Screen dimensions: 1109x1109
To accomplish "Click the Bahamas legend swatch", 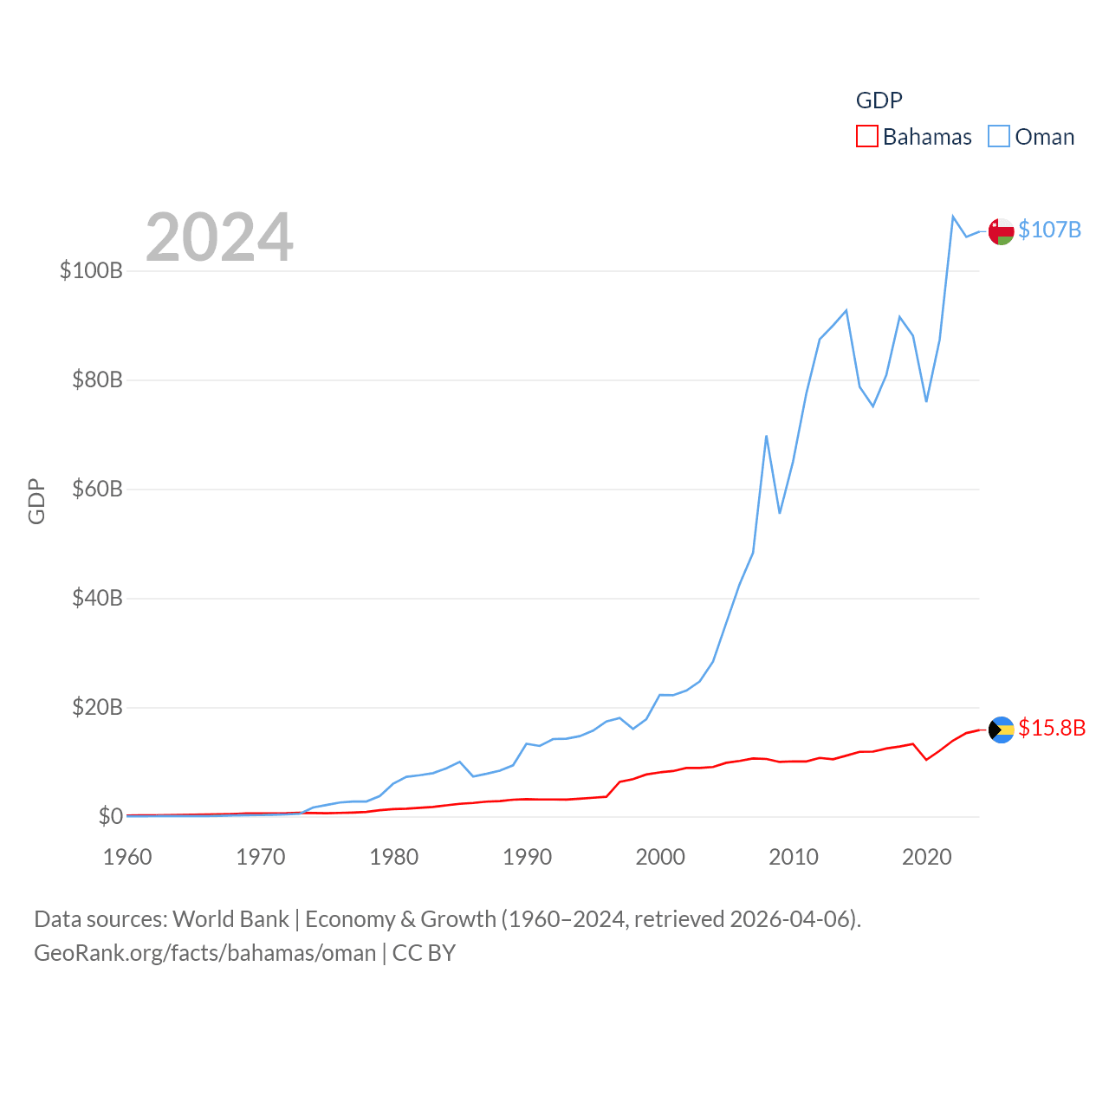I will (866, 137).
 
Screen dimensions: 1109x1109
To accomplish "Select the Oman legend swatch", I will (999, 137).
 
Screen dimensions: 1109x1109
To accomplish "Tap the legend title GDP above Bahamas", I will (879, 101).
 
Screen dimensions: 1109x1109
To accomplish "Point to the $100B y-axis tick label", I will (91, 270).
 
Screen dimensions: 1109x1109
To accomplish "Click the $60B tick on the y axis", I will (97, 489).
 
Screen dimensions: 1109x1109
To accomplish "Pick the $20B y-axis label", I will (97, 707).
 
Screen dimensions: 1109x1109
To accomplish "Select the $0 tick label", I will (110, 816).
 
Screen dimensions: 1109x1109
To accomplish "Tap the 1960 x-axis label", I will (127, 857).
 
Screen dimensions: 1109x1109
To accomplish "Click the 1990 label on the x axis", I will (527, 857).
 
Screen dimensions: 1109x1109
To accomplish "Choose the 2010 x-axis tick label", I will (794, 857).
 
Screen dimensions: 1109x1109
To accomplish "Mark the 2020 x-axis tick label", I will (927, 857).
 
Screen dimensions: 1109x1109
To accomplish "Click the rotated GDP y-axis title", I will (36, 501).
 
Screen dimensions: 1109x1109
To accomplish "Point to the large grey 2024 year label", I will (219, 237).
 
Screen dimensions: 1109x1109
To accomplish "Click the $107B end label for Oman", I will (1049, 230).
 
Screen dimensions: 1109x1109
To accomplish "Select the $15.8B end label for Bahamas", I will (1052, 728).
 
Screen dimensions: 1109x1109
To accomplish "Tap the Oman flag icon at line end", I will (1002, 231).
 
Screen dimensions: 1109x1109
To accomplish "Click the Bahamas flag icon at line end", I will (1002, 730).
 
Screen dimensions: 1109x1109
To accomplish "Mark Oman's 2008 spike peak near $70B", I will (767, 436).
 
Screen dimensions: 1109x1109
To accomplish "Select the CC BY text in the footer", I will (424, 953).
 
